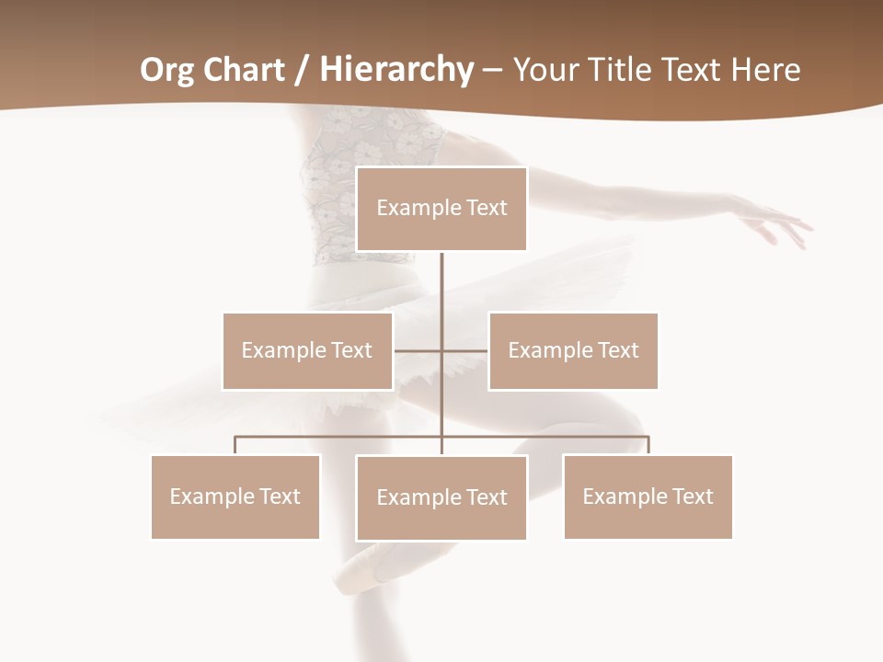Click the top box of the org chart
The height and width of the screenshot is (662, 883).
click(441, 209)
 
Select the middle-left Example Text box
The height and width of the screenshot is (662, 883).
click(307, 350)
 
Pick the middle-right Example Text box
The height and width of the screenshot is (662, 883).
click(573, 350)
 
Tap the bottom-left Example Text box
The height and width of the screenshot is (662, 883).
click(235, 496)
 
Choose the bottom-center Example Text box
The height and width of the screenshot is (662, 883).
click(441, 497)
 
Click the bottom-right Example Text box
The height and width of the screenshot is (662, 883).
click(648, 496)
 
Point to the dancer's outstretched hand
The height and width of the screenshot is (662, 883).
click(782, 225)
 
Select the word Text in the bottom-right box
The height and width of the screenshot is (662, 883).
click(692, 496)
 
